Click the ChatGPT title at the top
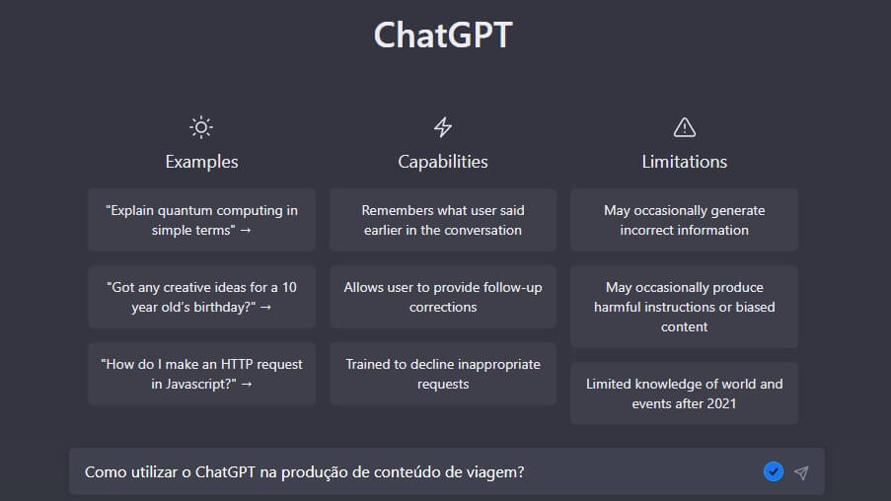pyautogui.click(x=443, y=36)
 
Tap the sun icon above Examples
pyautogui.click(x=201, y=127)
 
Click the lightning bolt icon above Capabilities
pyautogui.click(x=443, y=127)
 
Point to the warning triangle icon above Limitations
pyautogui.click(x=684, y=127)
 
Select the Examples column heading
pyautogui.click(x=201, y=162)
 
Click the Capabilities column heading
pyautogui.click(x=443, y=162)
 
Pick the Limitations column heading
pyautogui.click(x=684, y=162)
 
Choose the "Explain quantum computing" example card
pyautogui.click(x=201, y=220)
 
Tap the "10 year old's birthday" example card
pyautogui.click(x=201, y=297)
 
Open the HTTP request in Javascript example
pyautogui.click(x=201, y=374)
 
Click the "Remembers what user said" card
pyautogui.click(x=443, y=220)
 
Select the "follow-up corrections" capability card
pyautogui.click(x=443, y=297)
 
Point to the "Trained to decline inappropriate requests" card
pyautogui.click(x=443, y=374)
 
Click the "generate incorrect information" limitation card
pyautogui.click(x=684, y=220)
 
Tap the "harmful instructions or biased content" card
pyautogui.click(x=684, y=307)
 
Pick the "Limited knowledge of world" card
pyautogui.click(x=684, y=394)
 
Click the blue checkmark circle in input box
pyautogui.click(x=774, y=471)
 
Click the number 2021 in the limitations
pyautogui.click(x=721, y=404)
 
